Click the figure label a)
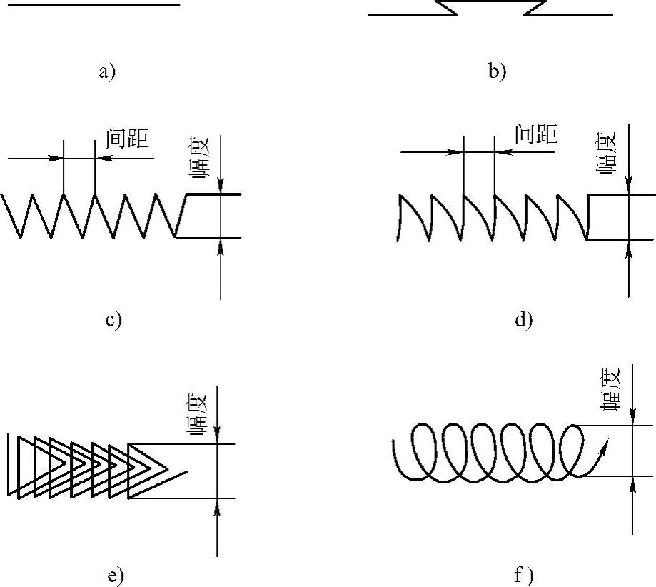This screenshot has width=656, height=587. (x=107, y=71)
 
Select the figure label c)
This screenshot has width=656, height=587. (x=113, y=320)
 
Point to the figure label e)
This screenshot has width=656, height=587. (x=116, y=576)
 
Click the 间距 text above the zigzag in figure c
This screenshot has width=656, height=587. (x=127, y=139)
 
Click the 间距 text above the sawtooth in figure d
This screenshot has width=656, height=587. (x=536, y=134)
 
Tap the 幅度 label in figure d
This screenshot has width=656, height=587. (x=605, y=153)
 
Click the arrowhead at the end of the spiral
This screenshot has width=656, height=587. (x=604, y=445)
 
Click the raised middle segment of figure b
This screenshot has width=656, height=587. (x=491, y=1)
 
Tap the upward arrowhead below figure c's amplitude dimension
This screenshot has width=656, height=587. (x=221, y=247)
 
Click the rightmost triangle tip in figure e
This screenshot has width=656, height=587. (x=167, y=468)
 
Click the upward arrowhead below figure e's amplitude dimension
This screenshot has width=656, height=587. (x=217, y=508)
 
